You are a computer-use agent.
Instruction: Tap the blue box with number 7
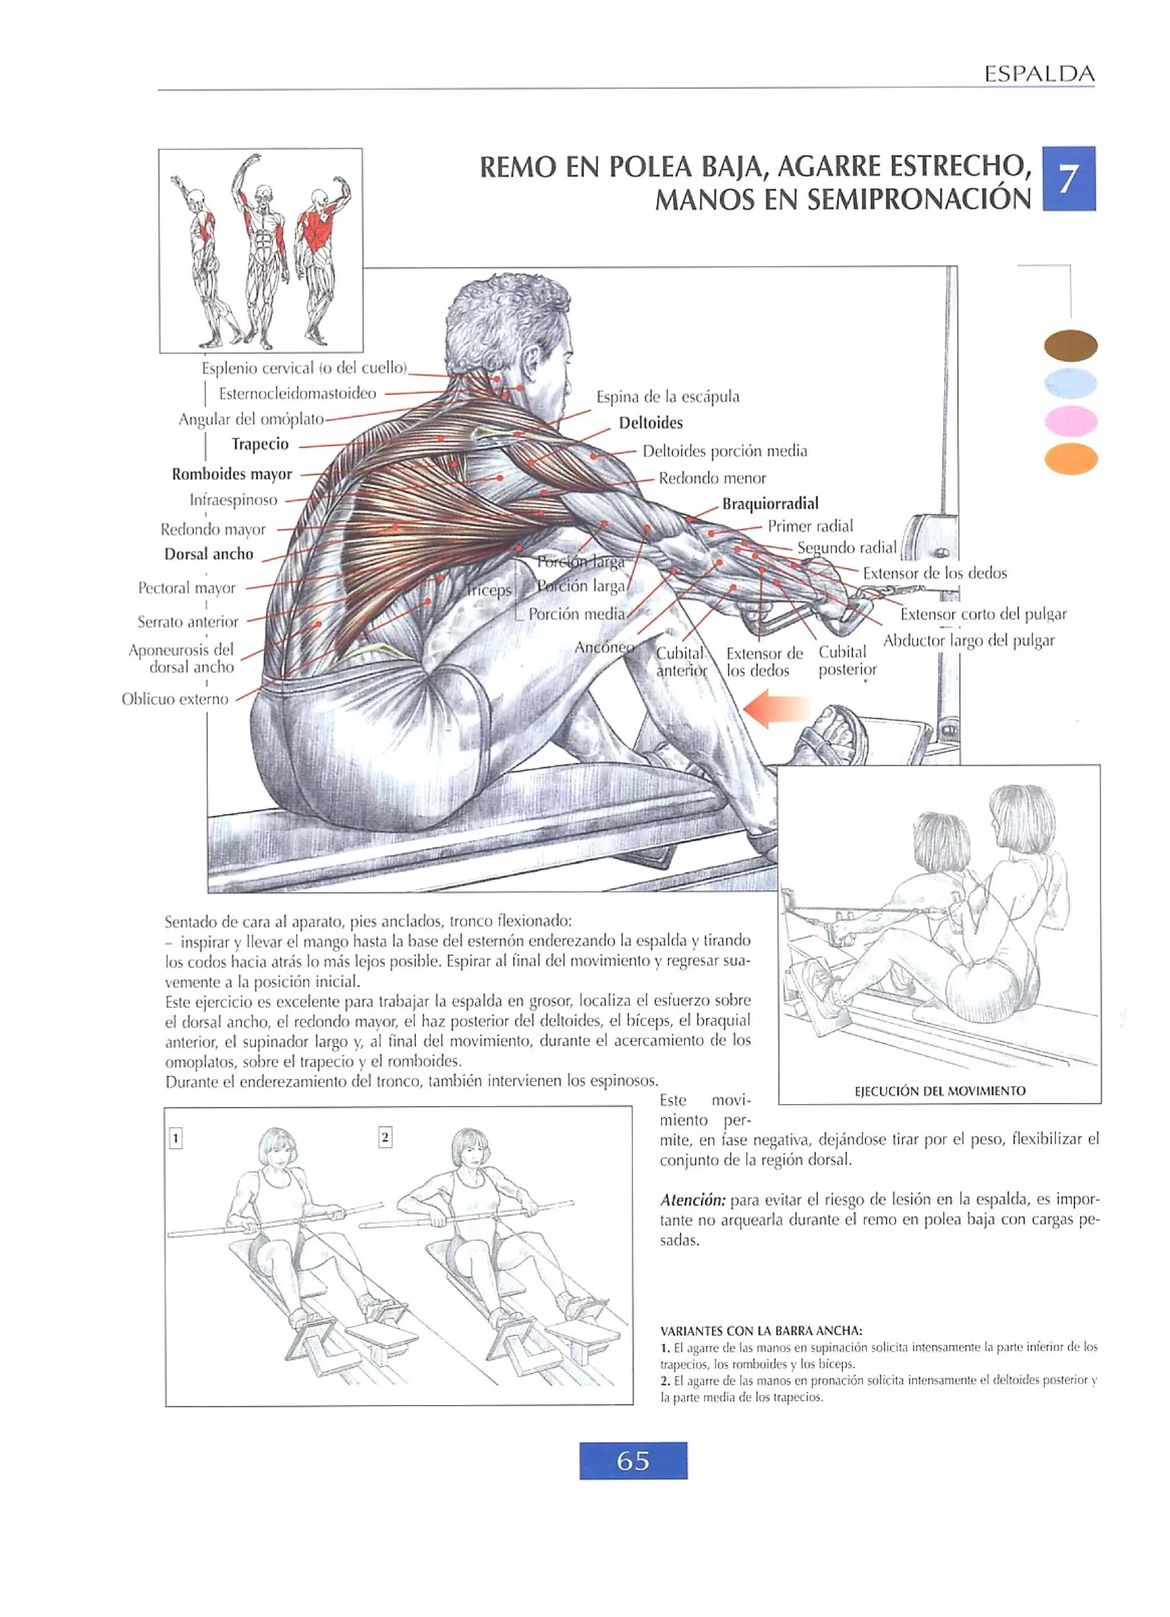point(1068,178)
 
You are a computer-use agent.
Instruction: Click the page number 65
point(633,1461)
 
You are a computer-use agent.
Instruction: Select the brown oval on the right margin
point(1070,346)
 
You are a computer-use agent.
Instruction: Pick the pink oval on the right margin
point(1070,421)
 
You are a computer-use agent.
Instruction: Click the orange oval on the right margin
point(1070,458)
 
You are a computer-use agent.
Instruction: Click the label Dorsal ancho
point(209,554)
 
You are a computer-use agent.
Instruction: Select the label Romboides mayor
point(231,474)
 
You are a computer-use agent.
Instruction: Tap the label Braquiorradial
point(770,504)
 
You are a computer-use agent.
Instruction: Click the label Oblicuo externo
point(175,698)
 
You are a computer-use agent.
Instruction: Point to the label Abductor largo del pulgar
point(968,640)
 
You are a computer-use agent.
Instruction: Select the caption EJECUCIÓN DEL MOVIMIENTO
point(939,1091)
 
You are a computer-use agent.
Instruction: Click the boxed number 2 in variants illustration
point(385,1137)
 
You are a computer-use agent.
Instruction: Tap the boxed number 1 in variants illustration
point(175,1139)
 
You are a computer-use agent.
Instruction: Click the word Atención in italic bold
point(692,1199)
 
